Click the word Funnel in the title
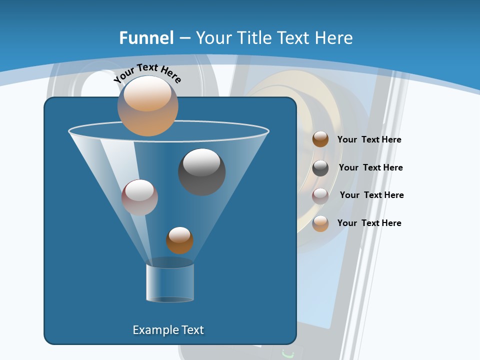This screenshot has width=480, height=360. [x=146, y=37]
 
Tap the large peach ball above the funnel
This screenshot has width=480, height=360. [x=147, y=106]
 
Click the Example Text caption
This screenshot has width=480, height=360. [x=168, y=330]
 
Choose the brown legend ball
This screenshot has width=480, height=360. [x=320, y=139]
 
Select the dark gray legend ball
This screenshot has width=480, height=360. [x=320, y=167]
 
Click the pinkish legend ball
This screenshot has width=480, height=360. [x=320, y=195]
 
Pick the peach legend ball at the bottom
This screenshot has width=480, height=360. [x=320, y=223]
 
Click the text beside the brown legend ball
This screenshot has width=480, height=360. [x=369, y=139]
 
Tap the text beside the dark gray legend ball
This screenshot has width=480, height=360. [x=370, y=167]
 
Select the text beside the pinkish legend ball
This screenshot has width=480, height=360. [x=371, y=195]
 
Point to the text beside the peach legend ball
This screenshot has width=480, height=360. [x=369, y=223]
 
